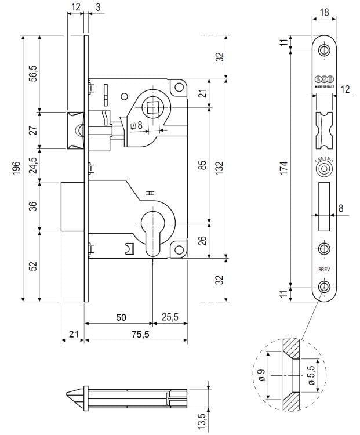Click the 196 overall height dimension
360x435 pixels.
[17, 168]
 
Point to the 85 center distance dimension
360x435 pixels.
[202, 165]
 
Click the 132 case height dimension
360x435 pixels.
[220, 167]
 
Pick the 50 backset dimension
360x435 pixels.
[121, 317]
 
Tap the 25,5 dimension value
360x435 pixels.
[170, 317]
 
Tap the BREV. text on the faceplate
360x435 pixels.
[323, 270]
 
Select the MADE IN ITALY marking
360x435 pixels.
[324, 84]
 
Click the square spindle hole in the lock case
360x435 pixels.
[153, 108]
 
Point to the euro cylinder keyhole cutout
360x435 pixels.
[152, 229]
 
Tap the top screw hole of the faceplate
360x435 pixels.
[323, 50]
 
